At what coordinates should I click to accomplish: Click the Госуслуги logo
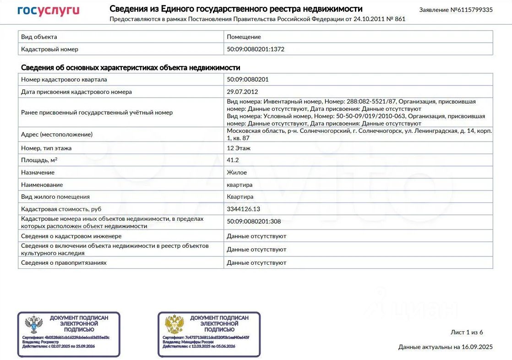[x=48, y=11]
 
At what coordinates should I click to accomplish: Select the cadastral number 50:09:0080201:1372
[x=256, y=49]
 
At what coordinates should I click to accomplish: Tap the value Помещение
[x=244, y=37]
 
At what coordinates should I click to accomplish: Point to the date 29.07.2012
[x=242, y=92]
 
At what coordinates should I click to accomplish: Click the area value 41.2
[x=233, y=160]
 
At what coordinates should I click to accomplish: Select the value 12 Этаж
[x=239, y=148]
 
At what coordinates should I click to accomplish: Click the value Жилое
[x=237, y=172]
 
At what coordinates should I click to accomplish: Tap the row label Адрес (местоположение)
[x=57, y=134]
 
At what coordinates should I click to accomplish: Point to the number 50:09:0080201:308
[x=254, y=222]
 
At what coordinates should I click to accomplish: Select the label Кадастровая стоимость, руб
[x=61, y=209]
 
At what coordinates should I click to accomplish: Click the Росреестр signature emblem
[x=33, y=324]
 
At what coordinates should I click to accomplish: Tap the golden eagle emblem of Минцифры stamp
[x=174, y=324]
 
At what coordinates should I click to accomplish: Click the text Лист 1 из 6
[x=467, y=332]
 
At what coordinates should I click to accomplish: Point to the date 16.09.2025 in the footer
[x=476, y=347]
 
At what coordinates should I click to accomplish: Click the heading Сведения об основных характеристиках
[x=131, y=68]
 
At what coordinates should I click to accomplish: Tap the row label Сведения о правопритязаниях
[x=64, y=263]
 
